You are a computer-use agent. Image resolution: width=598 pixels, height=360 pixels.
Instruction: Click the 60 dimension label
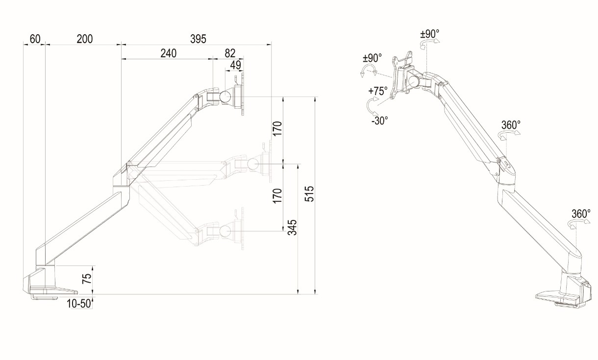pyautogui.click(x=35, y=39)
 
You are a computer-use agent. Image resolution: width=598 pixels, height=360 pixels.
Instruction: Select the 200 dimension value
pyautogui.click(x=85, y=39)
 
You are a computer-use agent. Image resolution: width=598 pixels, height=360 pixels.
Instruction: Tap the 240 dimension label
pyautogui.click(x=168, y=53)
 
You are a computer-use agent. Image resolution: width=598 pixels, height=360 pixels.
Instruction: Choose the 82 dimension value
pyautogui.click(x=230, y=53)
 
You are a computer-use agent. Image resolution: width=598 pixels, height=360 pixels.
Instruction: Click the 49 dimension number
pyautogui.click(x=235, y=64)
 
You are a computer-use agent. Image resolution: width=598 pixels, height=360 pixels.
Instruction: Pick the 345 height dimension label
pyautogui.click(x=292, y=228)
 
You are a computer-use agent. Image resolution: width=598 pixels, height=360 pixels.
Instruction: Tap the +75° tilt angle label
pyautogui.click(x=378, y=91)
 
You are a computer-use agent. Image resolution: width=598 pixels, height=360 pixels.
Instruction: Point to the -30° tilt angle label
pyautogui.click(x=379, y=120)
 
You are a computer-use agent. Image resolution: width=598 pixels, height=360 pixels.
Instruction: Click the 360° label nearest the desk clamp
pyautogui.click(x=581, y=214)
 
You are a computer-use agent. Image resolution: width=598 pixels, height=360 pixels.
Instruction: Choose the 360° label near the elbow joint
pyautogui.click(x=510, y=125)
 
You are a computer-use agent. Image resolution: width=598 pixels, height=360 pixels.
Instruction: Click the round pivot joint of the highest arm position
pyautogui.click(x=226, y=96)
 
